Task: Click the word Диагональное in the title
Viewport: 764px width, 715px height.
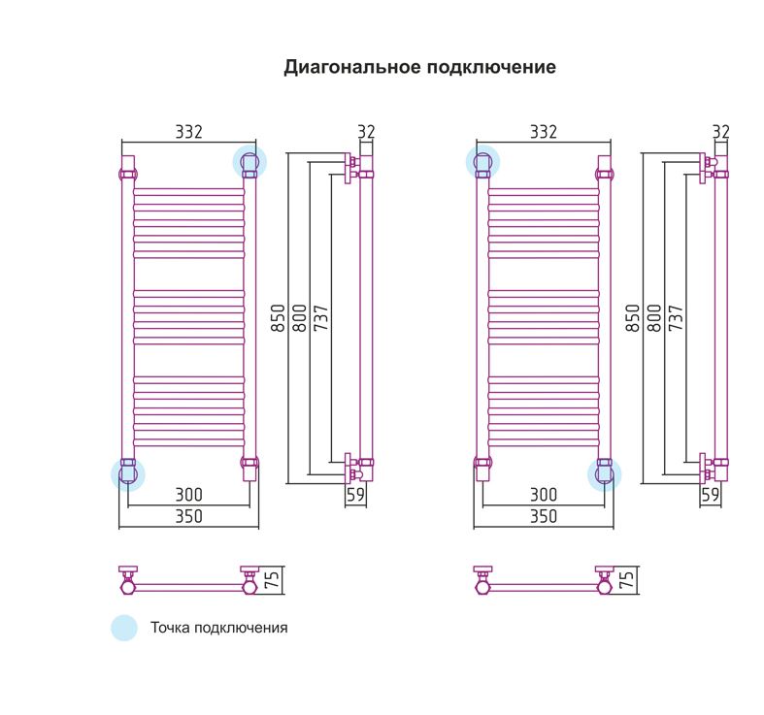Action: pyautogui.click(x=352, y=67)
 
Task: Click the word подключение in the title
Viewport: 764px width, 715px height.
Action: pyautogui.click(x=491, y=67)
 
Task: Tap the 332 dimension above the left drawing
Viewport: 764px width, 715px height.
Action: pyautogui.click(x=188, y=132)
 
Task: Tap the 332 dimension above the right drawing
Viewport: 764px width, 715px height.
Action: pyautogui.click(x=544, y=132)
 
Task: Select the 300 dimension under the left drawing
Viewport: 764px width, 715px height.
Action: pyautogui.click(x=188, y=495)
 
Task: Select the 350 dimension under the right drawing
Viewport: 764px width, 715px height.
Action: pyautogui.click(x=544, y=516)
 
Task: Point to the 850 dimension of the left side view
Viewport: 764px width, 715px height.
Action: pyautogui.click(x=278, y=318)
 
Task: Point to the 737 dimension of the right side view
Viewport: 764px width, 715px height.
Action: pyautogui.click(x=676, y=318)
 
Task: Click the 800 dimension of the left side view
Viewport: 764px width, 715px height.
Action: pyautogui.click(x=299, y=318)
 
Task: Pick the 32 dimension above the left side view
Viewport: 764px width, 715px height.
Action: pyautogui.click(x=366, y=132)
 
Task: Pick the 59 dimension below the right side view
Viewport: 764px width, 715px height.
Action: pyautogui.click(x=711, y=495)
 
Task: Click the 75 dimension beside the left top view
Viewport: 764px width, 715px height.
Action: pyautogui.click(x=272, y=579)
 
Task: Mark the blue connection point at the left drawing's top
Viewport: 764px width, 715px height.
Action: pyautogui.click(x=249, y=162)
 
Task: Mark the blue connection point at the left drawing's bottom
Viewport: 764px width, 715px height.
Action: pyautogui.click(x=128, y=474)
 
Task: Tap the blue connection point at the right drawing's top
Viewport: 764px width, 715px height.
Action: pyautogui.click(x=482, y=162)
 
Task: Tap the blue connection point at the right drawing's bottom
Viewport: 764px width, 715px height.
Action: pyautogui.click(x=604, y=474)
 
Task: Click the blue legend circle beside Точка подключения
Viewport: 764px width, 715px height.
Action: pyautogui.click(x=124, y=628)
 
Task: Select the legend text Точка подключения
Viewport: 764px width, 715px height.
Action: pyautogui.click(x=218, y=628)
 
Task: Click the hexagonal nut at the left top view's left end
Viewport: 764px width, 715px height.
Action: pyautogui.click(x=128, y=587)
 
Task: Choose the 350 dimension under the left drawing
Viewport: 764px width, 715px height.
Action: pyautogui.click(x=188, y=516)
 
